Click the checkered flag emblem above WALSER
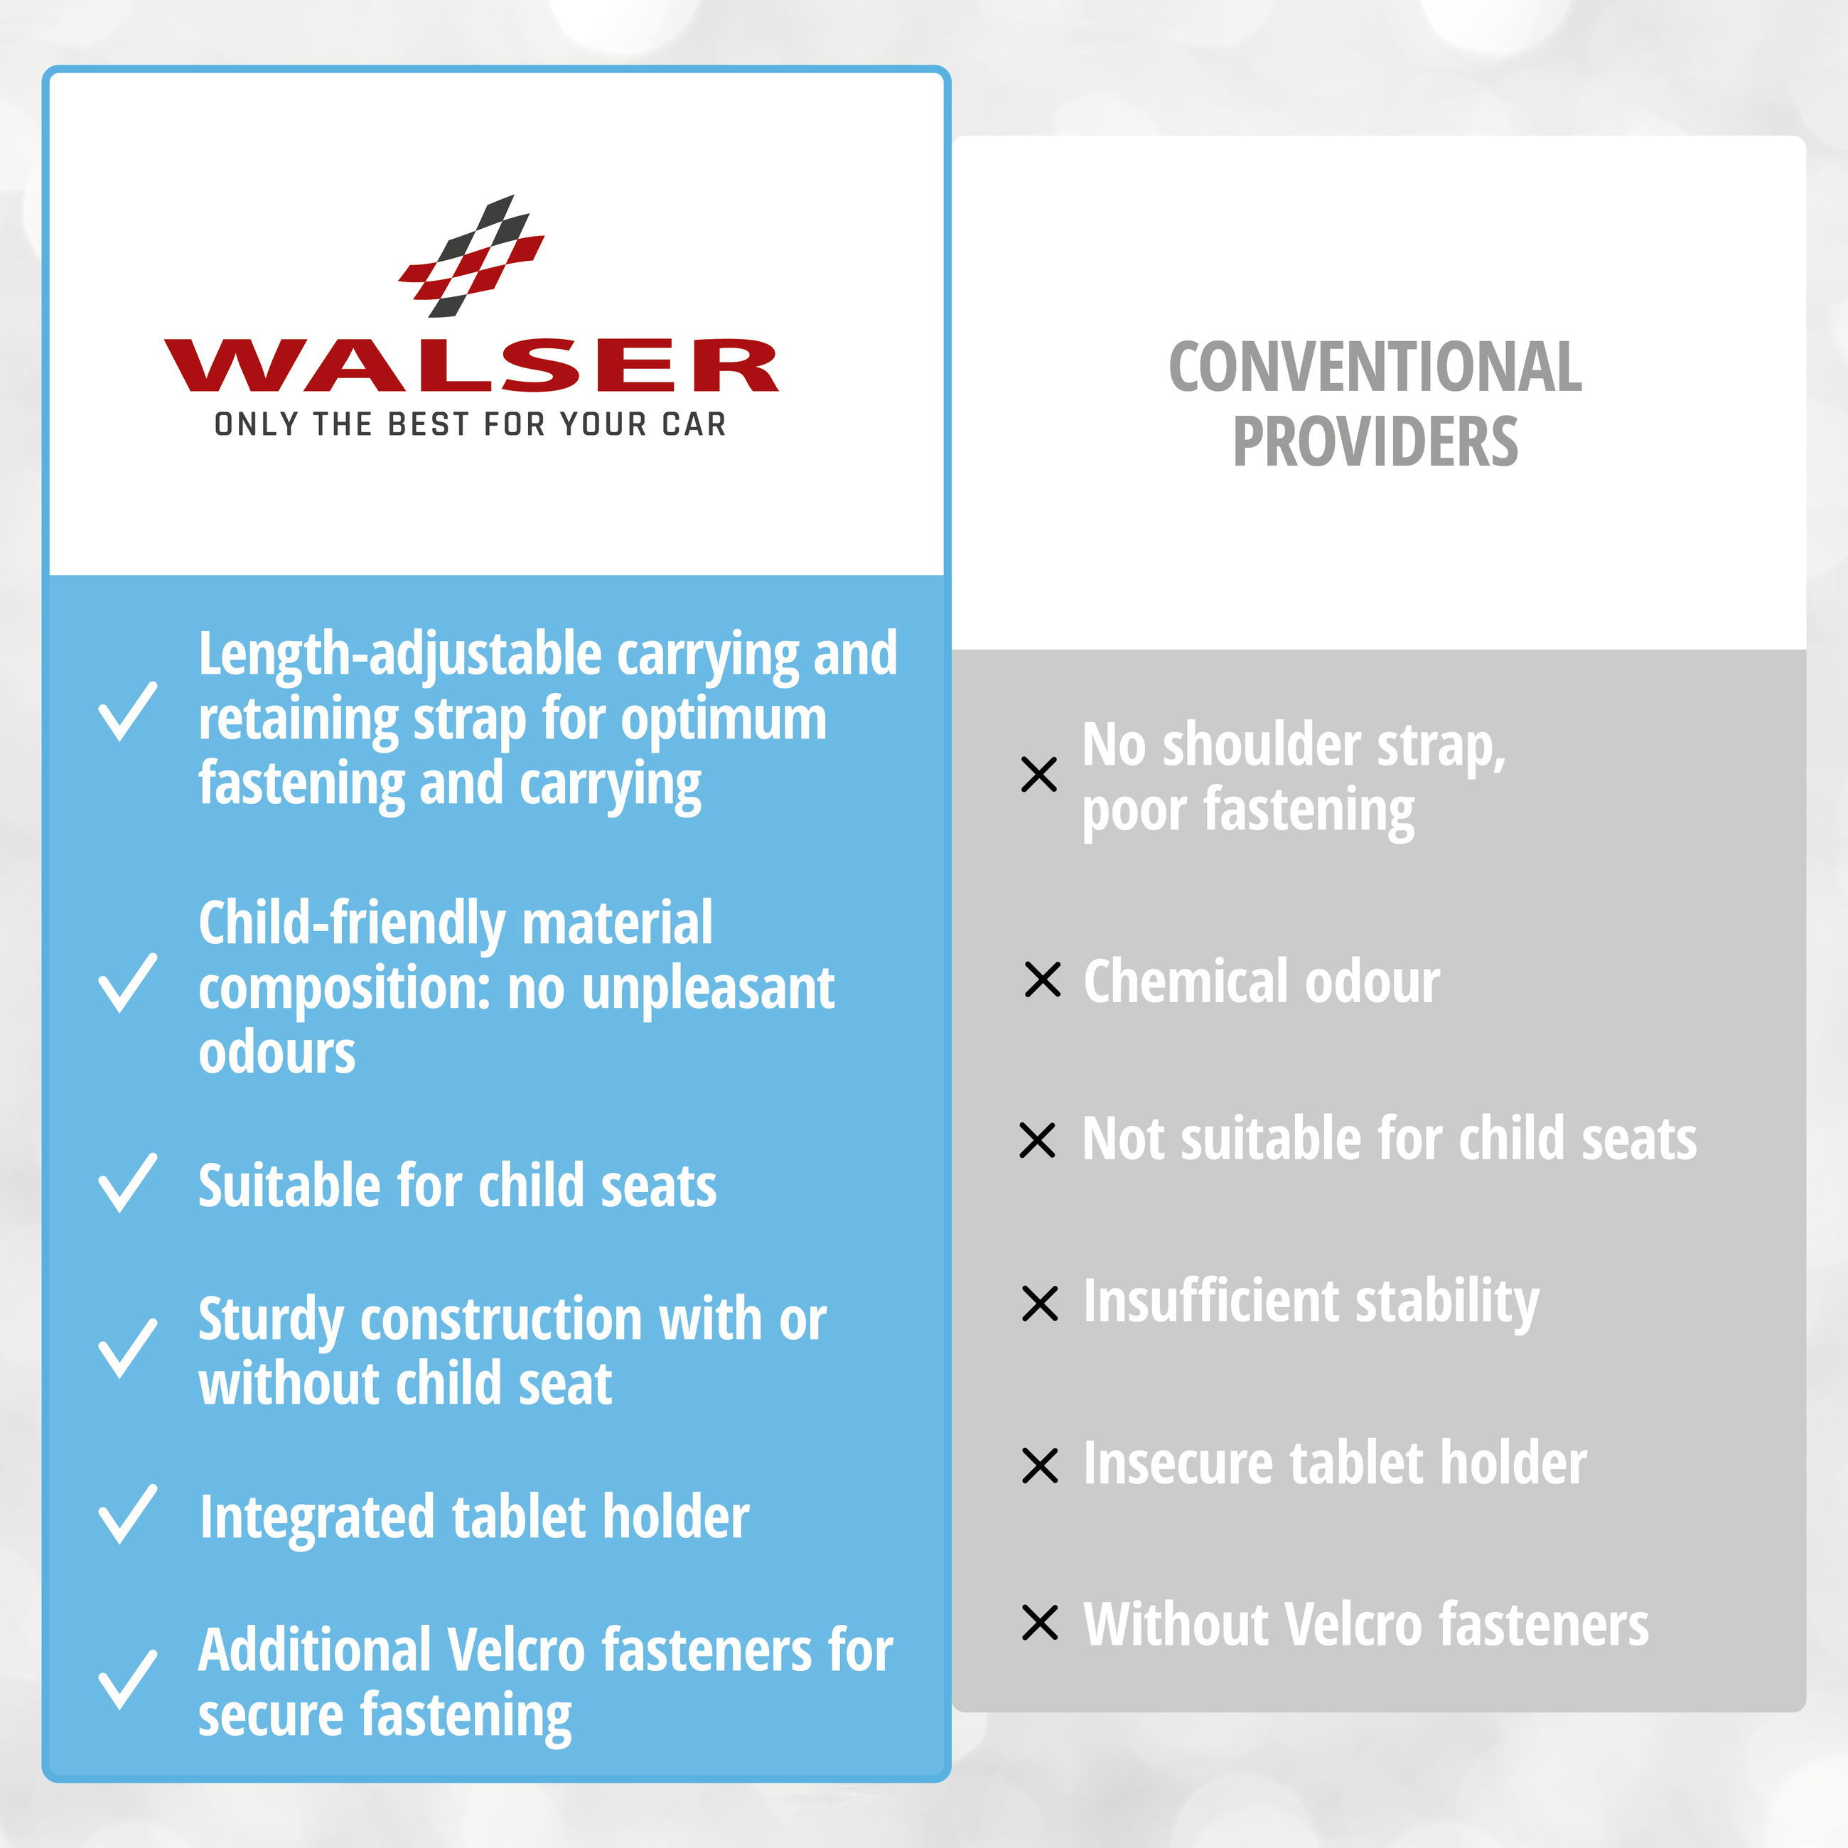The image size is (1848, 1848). tap(471, 257)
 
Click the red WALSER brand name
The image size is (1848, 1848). tap(471, 365)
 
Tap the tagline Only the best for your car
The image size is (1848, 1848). tap(470, 424)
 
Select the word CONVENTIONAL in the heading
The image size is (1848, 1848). tap(1375, 367)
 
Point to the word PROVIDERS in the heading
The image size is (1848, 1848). tap(1375, 442)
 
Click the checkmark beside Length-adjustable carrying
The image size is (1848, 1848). tap(127, 711)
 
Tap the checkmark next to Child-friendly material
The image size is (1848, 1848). tap(127, 982)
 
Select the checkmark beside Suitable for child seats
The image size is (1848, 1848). tap(127, 1183)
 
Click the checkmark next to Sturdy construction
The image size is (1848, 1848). tap(127, 1349)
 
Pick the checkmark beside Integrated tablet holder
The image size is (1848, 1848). tap(127, 1514)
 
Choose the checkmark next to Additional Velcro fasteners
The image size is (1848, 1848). tap(127, 1680)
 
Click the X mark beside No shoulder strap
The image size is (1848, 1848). tap(1038, 775)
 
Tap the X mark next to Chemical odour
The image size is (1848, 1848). tap(1043, 979)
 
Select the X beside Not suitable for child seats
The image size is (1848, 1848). tap(1038, 1140)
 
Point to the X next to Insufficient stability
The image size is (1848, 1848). tap(1040, 1303)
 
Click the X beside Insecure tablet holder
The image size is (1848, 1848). tap(1040, 1466)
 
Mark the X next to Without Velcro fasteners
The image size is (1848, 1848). tap(1040, 1622)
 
